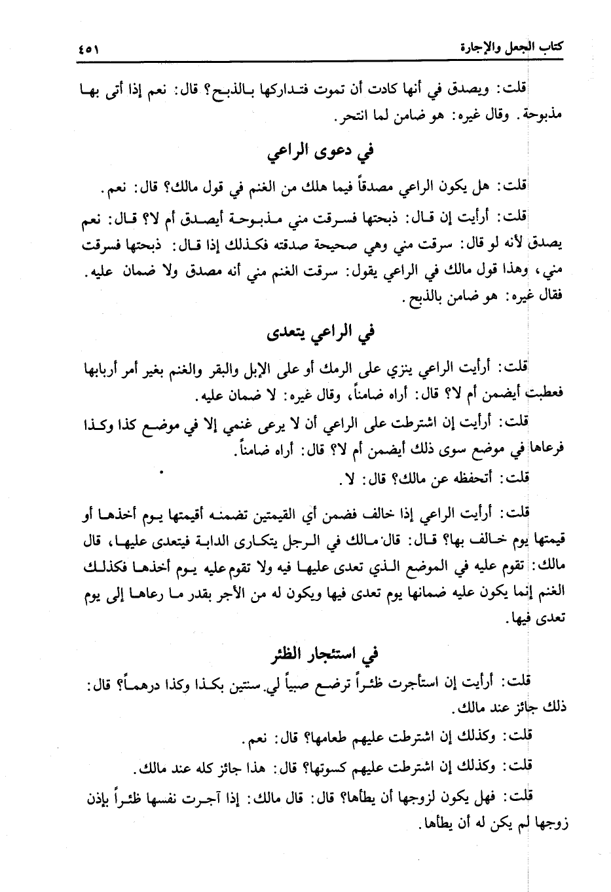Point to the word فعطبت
coord(544,396)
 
